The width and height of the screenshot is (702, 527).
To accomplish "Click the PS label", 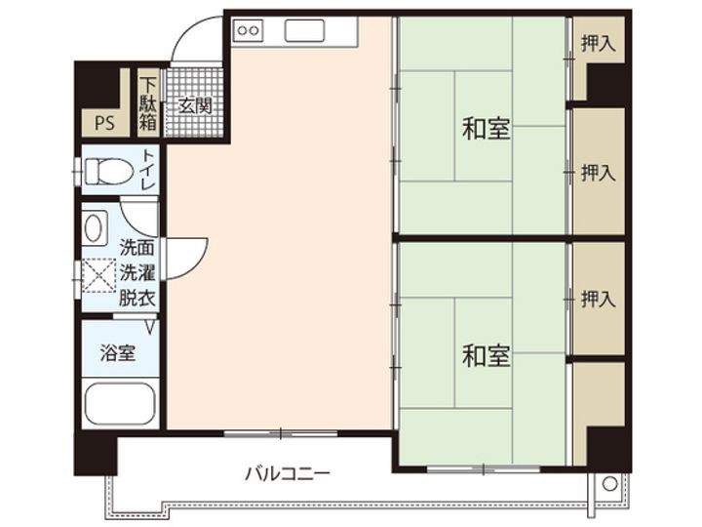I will pos(104,124).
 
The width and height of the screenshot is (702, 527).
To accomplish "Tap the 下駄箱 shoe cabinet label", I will pos(148,101).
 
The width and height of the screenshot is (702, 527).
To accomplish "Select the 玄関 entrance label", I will pos(194,105).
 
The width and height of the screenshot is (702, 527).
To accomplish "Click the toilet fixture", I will pos(107,172).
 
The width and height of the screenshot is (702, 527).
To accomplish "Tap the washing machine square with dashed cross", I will pos(97,276).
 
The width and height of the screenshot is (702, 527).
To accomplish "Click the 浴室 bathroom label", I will pos(118,353).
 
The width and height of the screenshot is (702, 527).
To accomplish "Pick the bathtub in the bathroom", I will pos(119,403).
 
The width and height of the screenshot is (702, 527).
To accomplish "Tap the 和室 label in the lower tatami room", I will pos(486,356).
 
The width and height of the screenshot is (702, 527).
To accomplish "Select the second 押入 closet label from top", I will pos(598,173).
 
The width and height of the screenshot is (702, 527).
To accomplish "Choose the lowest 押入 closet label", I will pos(598,299).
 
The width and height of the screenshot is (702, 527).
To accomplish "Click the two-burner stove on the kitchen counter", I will pos(248,30).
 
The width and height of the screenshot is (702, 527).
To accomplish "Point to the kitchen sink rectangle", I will pos(303,30).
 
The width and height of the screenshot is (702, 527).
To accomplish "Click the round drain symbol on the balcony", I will pos(608,483).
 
